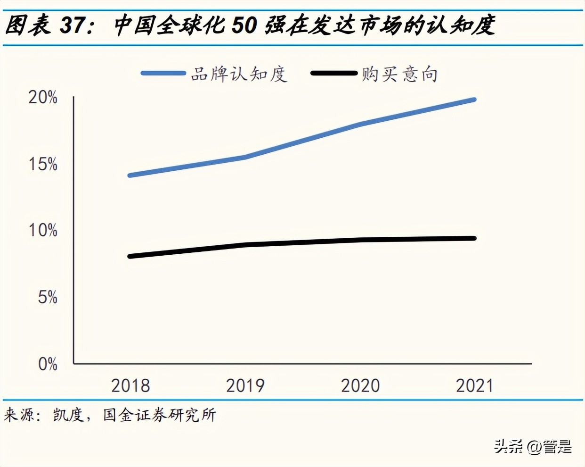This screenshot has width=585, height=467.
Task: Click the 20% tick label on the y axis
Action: click(43, 97)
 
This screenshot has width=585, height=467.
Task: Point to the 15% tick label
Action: click(43, 164)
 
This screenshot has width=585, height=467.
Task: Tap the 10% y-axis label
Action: click(43, 231)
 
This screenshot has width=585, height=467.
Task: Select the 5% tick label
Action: click(47, 297)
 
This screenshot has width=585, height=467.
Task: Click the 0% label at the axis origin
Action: click(47, 364)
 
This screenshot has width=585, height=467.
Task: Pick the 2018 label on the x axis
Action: click(130, 385)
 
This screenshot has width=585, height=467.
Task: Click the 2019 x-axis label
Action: click(245, 385)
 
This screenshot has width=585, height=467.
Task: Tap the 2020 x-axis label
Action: click(360, 385)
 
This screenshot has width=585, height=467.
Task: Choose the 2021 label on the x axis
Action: click(475, 385)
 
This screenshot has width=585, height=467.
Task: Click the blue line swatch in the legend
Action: click(163, 74)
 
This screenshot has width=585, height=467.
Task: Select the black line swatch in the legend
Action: click(334, 74)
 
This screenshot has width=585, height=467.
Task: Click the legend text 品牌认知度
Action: click(239, 74)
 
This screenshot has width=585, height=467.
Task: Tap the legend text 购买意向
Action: click(400, 74)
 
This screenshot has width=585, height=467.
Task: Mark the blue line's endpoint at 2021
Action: click(474, 100)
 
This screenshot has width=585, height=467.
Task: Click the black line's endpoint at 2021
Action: click(474, 238)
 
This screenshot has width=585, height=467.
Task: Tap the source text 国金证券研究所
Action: click(159, 415)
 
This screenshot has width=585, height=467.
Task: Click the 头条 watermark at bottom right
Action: click(508, 446)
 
